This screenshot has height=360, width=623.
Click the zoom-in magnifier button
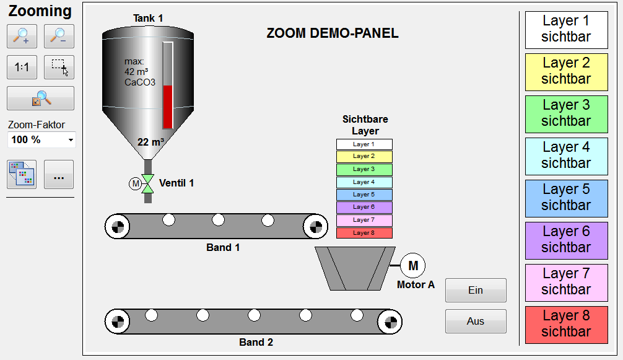[x=22, y=37]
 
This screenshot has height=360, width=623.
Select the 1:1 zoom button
[x=22, y=68]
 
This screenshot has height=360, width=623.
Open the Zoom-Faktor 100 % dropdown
[x=41, y=140]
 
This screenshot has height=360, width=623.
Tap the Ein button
[x=476, y=290]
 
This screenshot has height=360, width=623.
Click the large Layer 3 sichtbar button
[x=566, y=113]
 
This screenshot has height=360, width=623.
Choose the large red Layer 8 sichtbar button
[x=566, y=324]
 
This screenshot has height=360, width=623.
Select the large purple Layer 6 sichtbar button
[x=566, y=240]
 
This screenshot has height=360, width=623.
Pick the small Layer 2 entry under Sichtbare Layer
[x=364, y=157]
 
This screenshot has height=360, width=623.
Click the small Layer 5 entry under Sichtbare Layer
[x=364, y=195]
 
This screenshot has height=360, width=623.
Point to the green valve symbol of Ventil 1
[x=148, y=183]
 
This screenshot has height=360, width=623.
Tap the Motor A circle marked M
[x=413, y=266]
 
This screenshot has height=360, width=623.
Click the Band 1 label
[x=223, y=248]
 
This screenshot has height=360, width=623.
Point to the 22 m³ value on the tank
[x=150, y=142]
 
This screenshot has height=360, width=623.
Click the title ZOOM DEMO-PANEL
[x=333, y=33]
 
